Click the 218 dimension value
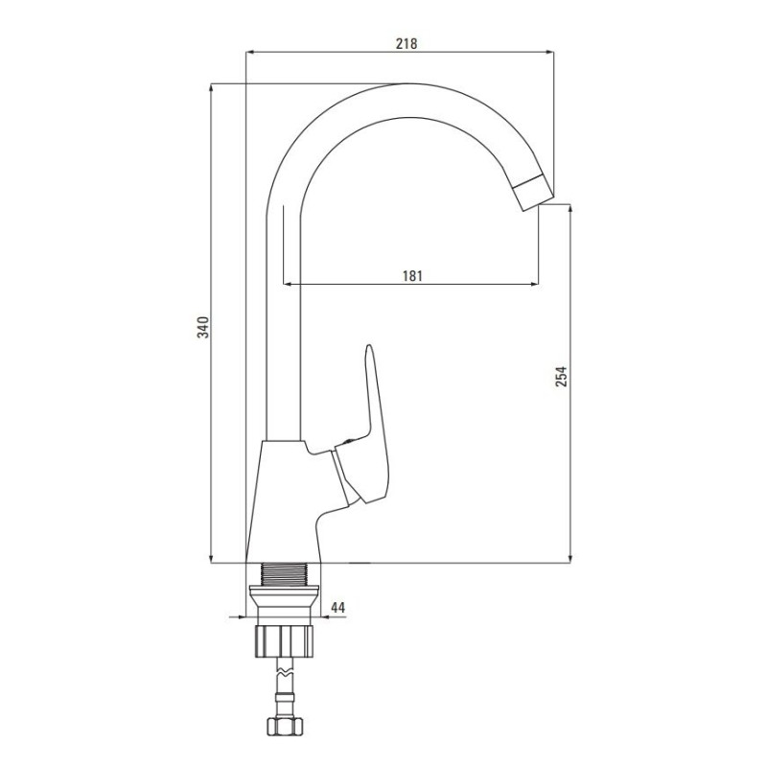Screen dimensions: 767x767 pyautogui.click(x=407, y=43)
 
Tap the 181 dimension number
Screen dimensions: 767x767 pyautogui.click(x=412, y=276)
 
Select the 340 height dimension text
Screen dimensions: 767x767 pyautogui.click(x=203, y=327)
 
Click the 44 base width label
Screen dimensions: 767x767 pyautogui.click(x=338, y=608)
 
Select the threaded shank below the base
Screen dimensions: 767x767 pyautogui.click(x=284, y=573)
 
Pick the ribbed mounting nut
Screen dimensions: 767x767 pyautogui.click(x=284, y=641)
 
